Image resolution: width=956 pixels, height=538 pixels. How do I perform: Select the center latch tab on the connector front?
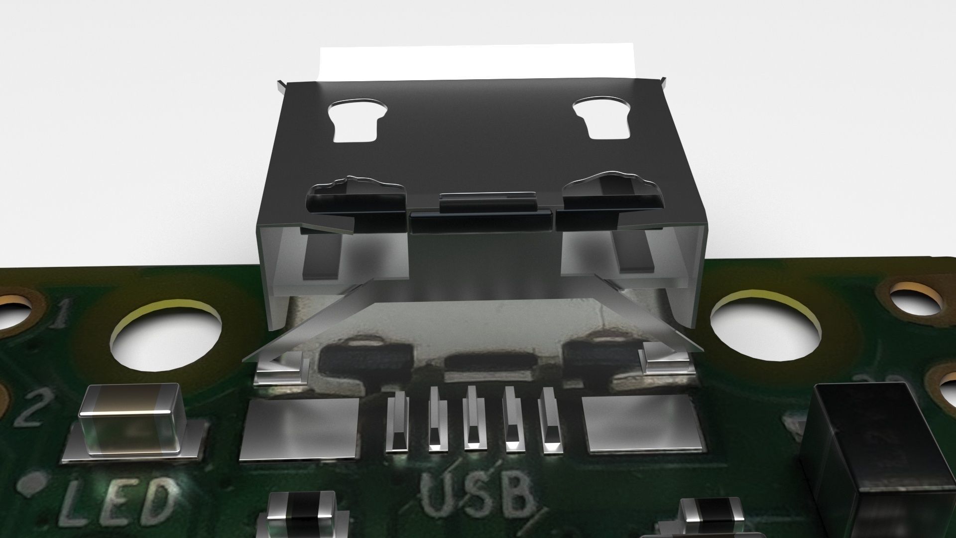(480, 220)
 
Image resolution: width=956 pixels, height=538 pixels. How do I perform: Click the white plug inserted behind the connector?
(478, 62)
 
